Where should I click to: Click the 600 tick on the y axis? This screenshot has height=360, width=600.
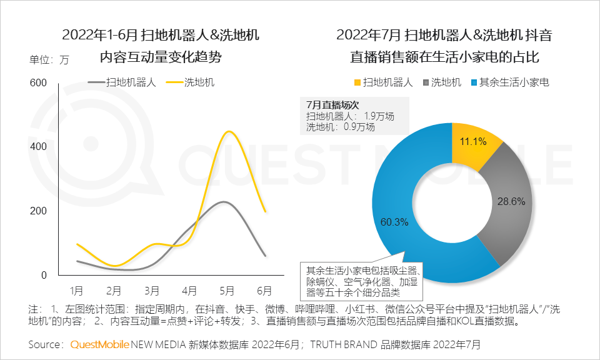point(39,83)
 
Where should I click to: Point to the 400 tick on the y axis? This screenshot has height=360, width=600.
point(39,147)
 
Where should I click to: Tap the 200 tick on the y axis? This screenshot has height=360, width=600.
point(39,211)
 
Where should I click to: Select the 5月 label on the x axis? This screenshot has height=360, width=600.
point(227,291)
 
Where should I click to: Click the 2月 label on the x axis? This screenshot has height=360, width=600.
point(114,291)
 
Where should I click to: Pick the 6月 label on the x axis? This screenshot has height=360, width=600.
point(264,291)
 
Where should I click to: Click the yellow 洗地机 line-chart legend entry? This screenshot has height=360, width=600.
point(199,82)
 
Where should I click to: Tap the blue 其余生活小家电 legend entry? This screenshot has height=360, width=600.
point(513,82)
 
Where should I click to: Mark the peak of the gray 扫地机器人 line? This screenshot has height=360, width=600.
point(223,202)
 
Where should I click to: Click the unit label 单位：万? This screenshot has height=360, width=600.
point(50,61)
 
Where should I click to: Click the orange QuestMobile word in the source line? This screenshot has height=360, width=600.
point(99,344)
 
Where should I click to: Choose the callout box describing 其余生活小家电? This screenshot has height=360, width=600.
point(362,281)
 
